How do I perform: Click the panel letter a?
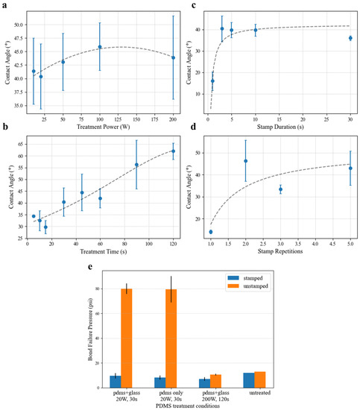[5, 5]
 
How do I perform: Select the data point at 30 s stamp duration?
[350, 38]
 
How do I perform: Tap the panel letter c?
[193, 5]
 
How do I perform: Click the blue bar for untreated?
[249, 380]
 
